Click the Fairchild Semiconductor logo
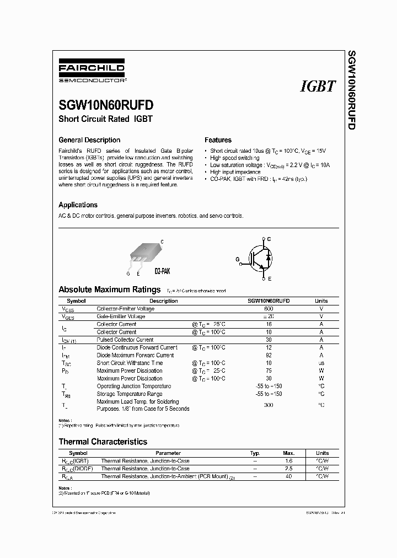coord(92,73)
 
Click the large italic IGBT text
coord(318,87)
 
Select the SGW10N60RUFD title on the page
coord(106,105)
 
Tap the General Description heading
coord(89,140)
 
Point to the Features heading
coord(218,140)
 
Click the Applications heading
coord(78,205)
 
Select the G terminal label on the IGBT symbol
coord(238,258)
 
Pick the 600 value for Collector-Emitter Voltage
coord(269,309)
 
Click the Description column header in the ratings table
coord(163,301)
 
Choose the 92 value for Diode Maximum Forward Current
coord(269,355)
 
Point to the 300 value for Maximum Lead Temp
coord(269,405)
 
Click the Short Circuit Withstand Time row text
coord(130,363)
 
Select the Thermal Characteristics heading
coord(103,442)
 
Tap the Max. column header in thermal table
coord(289,452)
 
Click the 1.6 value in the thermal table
coord(289,460)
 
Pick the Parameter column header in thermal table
coord(171,452)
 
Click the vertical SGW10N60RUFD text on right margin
coord(351,91)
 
